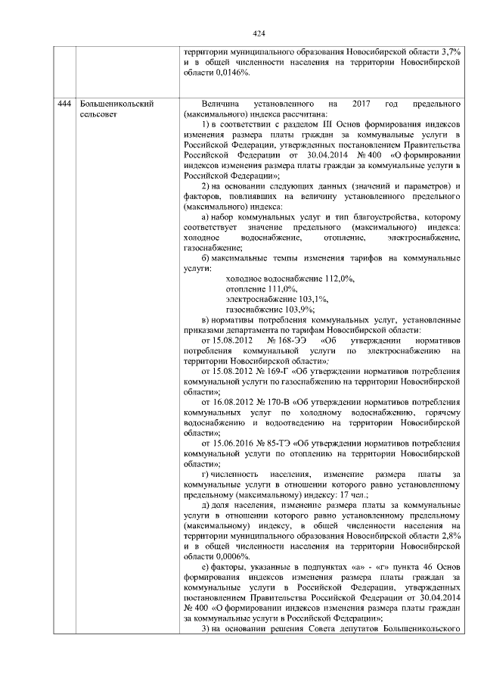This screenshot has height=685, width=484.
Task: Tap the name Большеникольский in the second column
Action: click(112, 103)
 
